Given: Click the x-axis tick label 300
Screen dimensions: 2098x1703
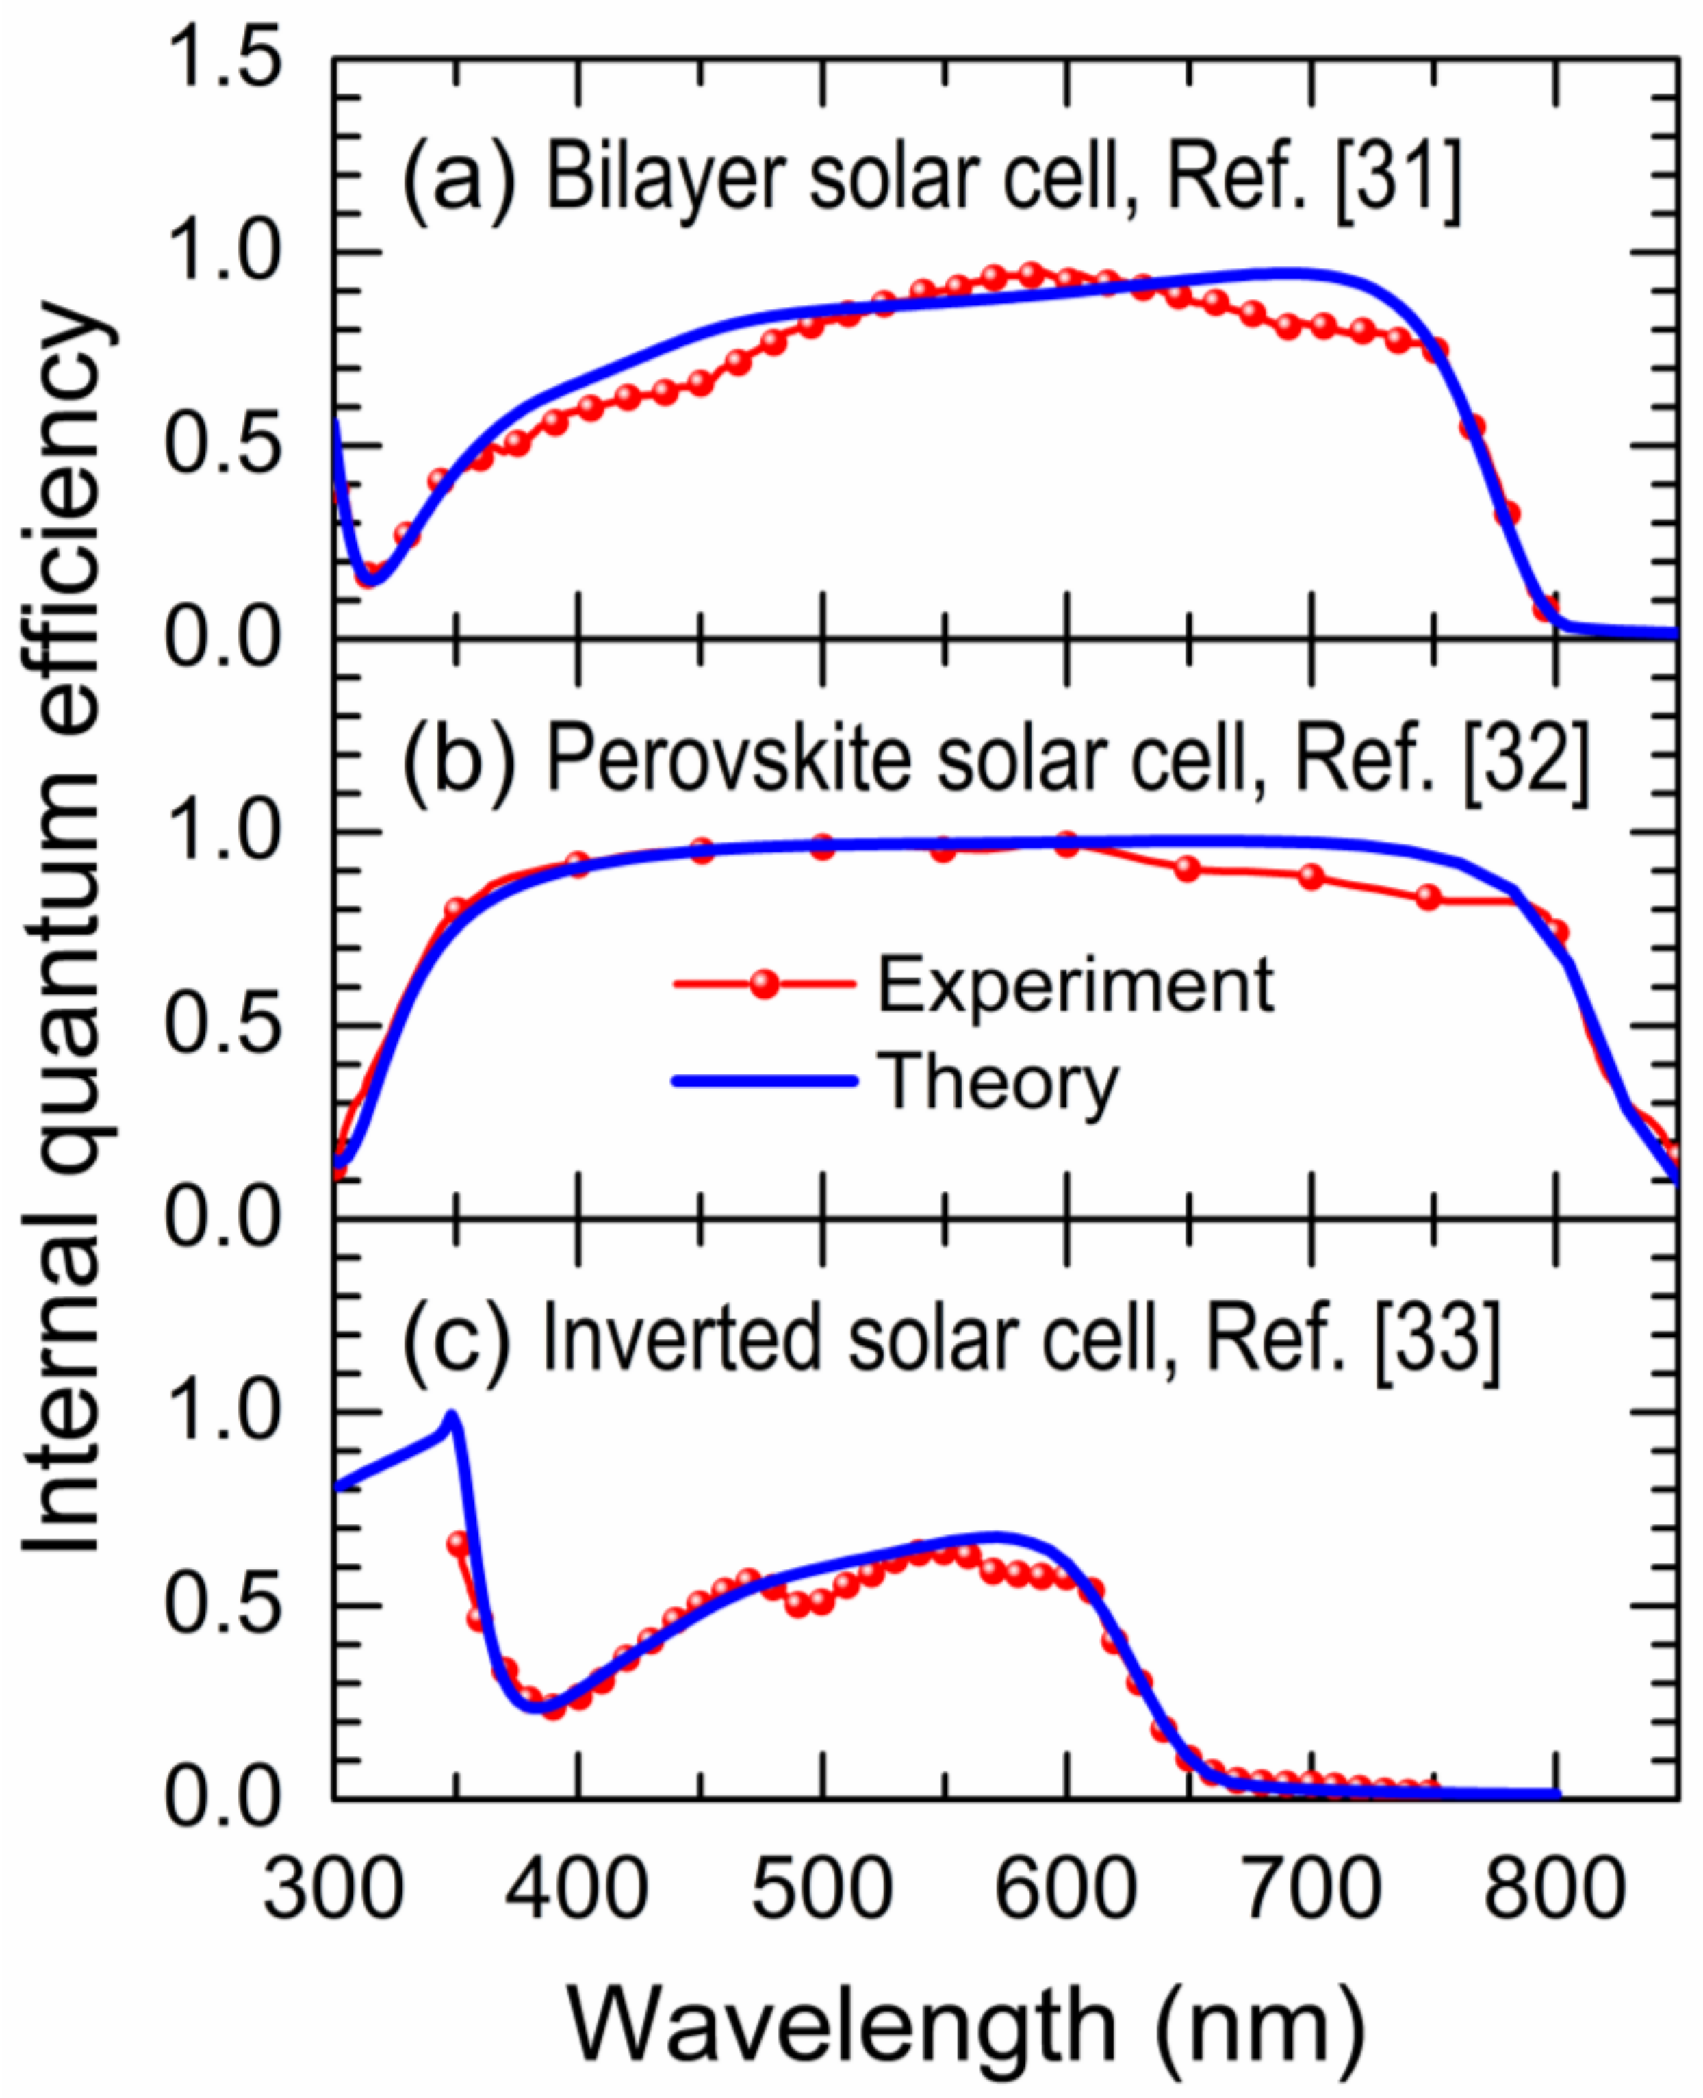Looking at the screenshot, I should (333, 1889).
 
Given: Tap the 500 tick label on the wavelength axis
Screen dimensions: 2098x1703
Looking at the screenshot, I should (822, 1889).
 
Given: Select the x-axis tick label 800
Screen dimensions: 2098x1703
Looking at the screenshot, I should (1555, 1889).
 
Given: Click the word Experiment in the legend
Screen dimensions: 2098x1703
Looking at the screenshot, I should (1074, 985).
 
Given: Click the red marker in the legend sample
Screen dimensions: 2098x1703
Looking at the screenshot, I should (764, 983).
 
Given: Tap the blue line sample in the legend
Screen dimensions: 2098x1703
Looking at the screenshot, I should (764, 1080).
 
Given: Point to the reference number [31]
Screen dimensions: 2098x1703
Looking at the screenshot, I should (1398, 181).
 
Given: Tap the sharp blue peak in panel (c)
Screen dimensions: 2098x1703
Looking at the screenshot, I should (451, 1415).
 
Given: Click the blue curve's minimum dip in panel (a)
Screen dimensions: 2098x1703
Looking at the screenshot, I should (373, 579).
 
